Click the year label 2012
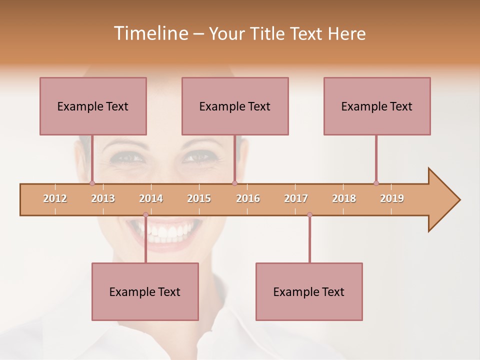[x=55, y=198]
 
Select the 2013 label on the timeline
[x=103, y=198]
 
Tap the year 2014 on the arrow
[x=151, y=198]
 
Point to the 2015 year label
[x=199, y=198]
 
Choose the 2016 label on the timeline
[x=248, y=198]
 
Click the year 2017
[x=296, y=198]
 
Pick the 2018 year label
[x=344, y=198]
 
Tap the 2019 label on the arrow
[x=392, y=198]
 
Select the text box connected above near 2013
[x=93, y=106]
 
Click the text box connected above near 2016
[x=235, y=106]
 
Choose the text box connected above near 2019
[x=377, y=106]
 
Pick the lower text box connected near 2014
[x=145, y=291]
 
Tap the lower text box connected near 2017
[x=309, y=291]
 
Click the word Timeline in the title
[x=150, y=33]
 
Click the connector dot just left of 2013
[x=92, y=183]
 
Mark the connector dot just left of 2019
[x=376, y=183]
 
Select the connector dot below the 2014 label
[x=145, y=215]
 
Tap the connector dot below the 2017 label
[x=309, y=215]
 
